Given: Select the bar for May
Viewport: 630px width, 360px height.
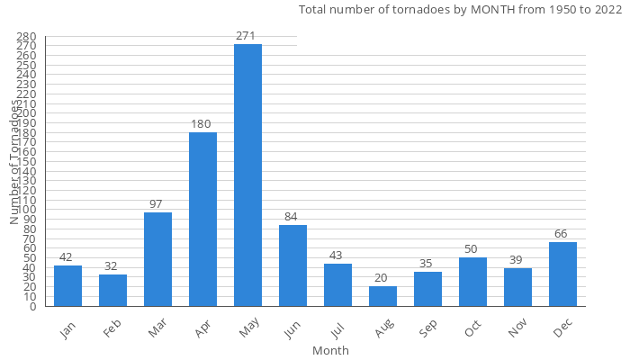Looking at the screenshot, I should (x=247, y=175).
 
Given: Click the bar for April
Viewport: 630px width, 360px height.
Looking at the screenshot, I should (x=202, y=220).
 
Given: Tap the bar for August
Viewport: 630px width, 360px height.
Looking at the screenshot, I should (x=382, y=296).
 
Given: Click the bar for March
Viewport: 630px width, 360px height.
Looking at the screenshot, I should (x=157, y=259).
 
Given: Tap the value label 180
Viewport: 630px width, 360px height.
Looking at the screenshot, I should (x=202, y=123).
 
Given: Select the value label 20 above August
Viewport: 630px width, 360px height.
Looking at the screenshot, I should (x=382, y=278).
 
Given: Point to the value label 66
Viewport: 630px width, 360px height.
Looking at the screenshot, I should (x=562, y=234).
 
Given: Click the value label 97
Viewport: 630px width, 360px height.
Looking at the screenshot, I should (x=157, y=204).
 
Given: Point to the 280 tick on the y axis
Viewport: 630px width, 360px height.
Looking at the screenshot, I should (x=26, y=37).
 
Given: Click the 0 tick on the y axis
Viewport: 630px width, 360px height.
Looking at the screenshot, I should (x=31, y=307).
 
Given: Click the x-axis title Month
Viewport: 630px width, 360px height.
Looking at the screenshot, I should (x=330, y=350).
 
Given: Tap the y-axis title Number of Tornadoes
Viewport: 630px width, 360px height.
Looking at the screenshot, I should (x=14, y=162).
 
